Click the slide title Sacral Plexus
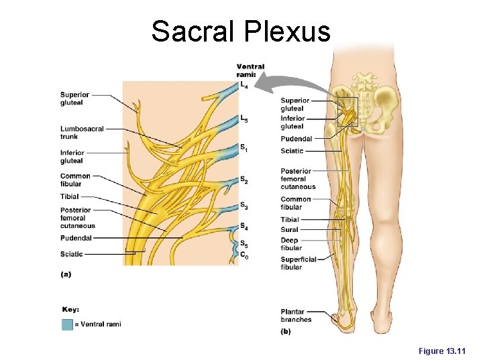[x=241, y=32]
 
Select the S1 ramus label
[x=244, y=148]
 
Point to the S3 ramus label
[x=244, y=206]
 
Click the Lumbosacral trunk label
[x=81, y=132]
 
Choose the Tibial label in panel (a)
[x=69, y=196]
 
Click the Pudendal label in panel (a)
[x=76, y=238]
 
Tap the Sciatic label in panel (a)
[x=72, y=254]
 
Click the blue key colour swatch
[x=67, y=324]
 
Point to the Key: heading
[x=70, y=310]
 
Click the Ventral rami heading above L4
[x=250, y=70]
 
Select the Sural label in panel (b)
[x=289, y=230]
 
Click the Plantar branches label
[x=296, y=315]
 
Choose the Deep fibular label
[x=291, y=244]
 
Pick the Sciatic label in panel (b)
[x=292, y=151]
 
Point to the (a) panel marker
[x=66, y=274]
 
